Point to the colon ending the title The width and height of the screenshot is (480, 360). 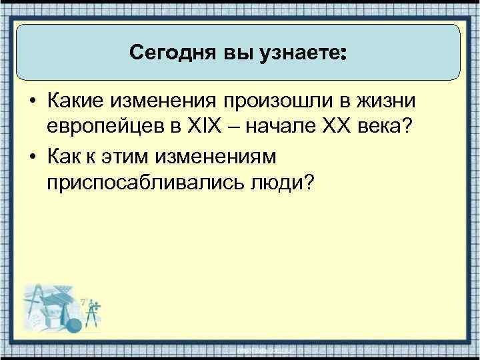343,53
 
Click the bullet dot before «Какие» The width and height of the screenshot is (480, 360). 31,101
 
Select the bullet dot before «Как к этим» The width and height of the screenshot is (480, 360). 31,157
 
